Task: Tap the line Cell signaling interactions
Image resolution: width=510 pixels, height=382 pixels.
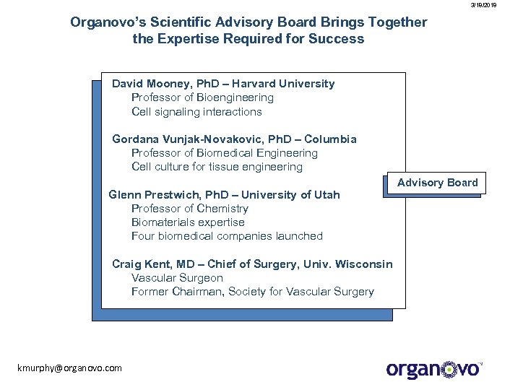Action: [x=196, y=112]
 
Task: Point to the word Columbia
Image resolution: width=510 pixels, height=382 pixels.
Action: [x=330, y=139]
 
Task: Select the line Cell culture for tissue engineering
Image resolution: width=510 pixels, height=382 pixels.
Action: [x=217, y=167]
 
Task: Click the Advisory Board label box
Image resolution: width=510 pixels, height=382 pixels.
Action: [x=437, y=183]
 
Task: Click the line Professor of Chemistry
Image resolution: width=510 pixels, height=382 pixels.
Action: [x=189, y=209]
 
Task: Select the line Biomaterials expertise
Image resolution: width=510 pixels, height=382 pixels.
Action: [x=188, y=222]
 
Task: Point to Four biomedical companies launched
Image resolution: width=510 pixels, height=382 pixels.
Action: [x=227, y=236]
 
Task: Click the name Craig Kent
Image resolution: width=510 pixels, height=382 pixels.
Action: [x=140, y=264]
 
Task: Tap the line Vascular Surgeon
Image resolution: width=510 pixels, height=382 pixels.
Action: [x=177, y=278]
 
